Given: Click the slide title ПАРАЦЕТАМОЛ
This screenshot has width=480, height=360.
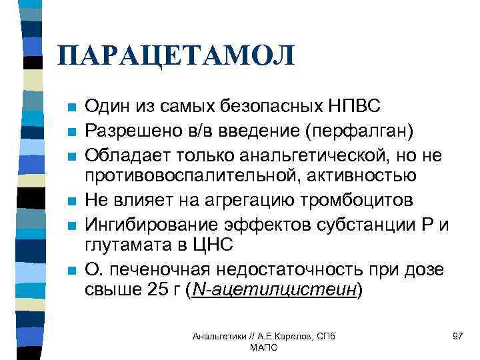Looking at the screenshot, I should click(175, 55).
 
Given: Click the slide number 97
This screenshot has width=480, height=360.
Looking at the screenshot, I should click(457, 335).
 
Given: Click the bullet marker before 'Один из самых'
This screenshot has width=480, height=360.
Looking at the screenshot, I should click(71, 107).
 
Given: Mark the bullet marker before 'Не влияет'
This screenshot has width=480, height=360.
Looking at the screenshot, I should click(71, 201).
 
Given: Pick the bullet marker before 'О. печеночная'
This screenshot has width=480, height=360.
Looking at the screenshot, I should click(71, 270).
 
